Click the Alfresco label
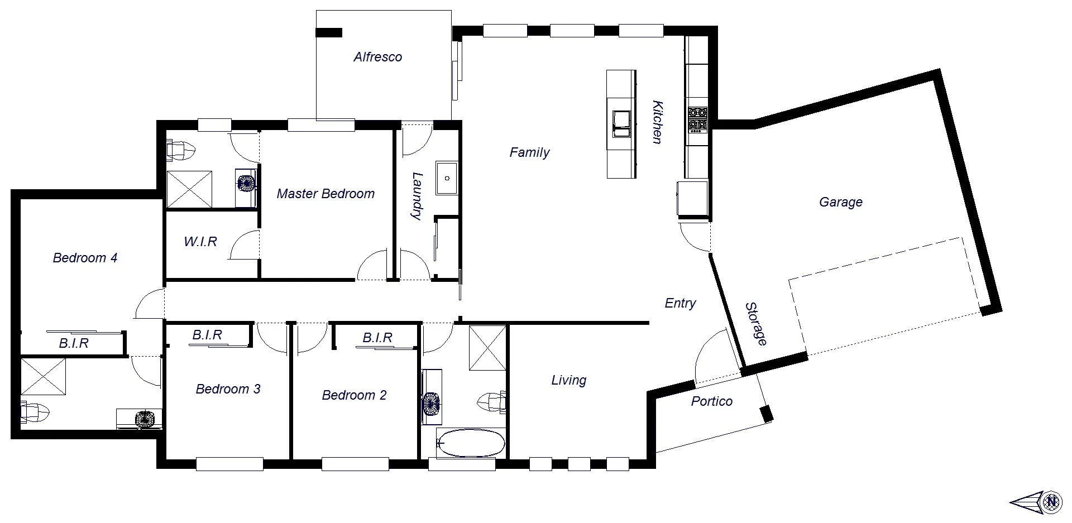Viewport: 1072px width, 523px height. coord(377,57)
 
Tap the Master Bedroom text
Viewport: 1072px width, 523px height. coord(326,194)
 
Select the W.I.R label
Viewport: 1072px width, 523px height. coord(200,242)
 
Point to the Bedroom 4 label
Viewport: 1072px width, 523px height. coord(85,258)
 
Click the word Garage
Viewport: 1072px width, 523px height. coord(840,202)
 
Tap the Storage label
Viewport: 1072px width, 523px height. coord(756,324)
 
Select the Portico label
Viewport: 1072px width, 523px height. coord(711,401)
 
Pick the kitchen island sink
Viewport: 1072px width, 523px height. coord(621,123)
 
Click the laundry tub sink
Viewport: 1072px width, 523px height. coord(447,178)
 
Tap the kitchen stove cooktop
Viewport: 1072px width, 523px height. coord(697,118)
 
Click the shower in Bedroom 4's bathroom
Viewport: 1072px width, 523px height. coord(43,376)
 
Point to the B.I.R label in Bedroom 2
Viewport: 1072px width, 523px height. coord(377,338)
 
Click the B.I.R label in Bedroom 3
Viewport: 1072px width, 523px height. coord(207,335)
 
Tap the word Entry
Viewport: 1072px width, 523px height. coord(680,303)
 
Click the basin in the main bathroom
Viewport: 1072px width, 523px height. coord(431,404)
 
